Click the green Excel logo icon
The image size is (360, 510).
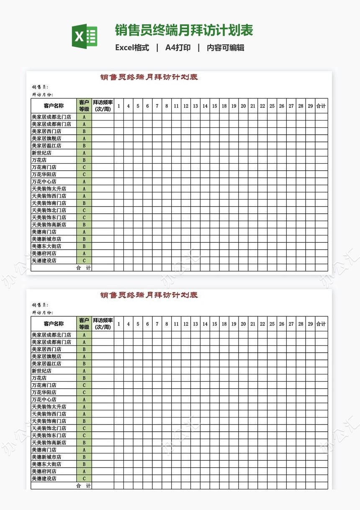point(84,36)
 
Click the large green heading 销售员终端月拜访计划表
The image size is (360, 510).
point(184,31)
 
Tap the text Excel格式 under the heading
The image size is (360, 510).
point(132,48)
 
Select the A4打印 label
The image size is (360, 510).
point(178,48)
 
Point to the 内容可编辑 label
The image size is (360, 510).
point(225,48)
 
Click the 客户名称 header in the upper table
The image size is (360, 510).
point(54,106)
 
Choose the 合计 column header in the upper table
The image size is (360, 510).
point(321,106)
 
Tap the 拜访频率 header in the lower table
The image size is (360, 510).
point(103,324)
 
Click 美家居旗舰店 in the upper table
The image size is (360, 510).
point(46,138)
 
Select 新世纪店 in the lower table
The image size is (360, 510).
point(41,371)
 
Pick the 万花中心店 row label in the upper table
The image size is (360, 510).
point(44,182)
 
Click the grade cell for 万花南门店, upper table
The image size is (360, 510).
point(84,167)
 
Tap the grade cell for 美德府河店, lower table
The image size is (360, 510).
point(84,471)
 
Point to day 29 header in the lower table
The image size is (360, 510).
point(310,324)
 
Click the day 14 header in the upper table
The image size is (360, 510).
point(205,106)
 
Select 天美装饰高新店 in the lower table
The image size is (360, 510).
point(49,443)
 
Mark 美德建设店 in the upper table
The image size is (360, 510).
point(44,261)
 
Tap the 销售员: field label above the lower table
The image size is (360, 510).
point(40,305)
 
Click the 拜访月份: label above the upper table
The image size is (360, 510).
point(42,95)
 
